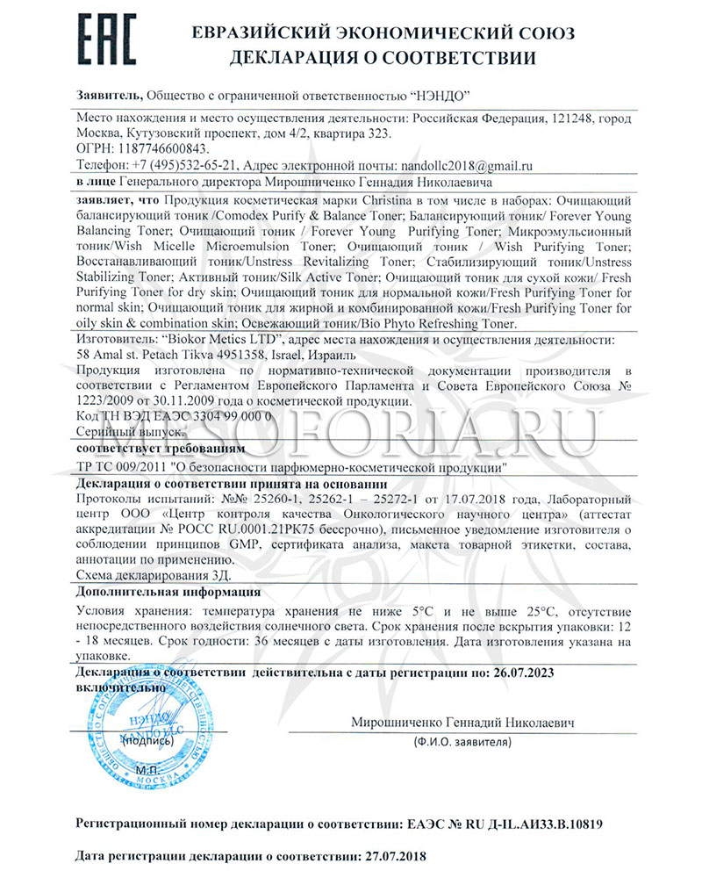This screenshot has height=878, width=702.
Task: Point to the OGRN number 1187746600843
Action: click(x=160, y=148)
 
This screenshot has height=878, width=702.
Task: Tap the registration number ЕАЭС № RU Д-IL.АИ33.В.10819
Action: click(x=505, y=825)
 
